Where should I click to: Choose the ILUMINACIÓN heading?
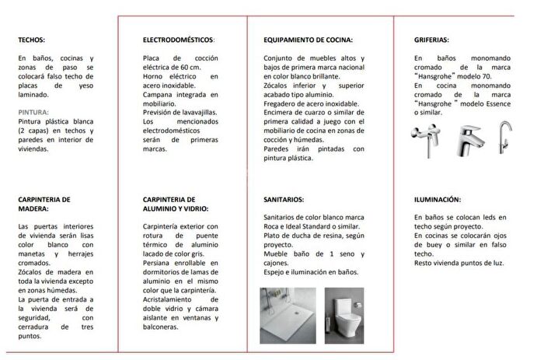(438, 199)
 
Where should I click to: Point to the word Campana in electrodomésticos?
(159, 94)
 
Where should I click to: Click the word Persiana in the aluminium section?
(159, 263)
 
